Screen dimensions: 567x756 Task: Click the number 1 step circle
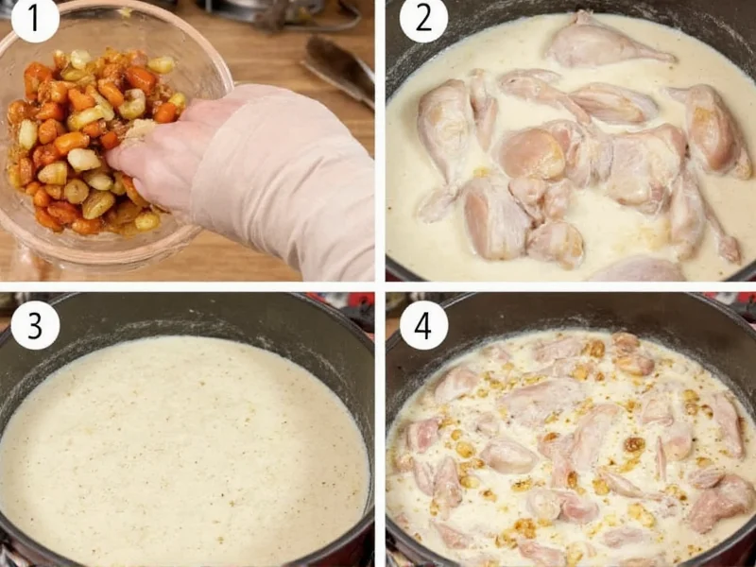click(36, 21)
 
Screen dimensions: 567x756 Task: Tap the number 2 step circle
click(423, 21)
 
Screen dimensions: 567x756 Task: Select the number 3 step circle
click(36, 326)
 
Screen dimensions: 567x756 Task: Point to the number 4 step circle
click(423, 326)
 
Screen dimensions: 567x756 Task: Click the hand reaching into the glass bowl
click(161, 156)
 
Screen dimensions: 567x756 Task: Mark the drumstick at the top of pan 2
click(605, 43)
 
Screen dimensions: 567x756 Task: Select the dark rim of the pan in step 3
click(189, 307)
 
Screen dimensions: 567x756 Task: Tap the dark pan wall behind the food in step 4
click(567, 312)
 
